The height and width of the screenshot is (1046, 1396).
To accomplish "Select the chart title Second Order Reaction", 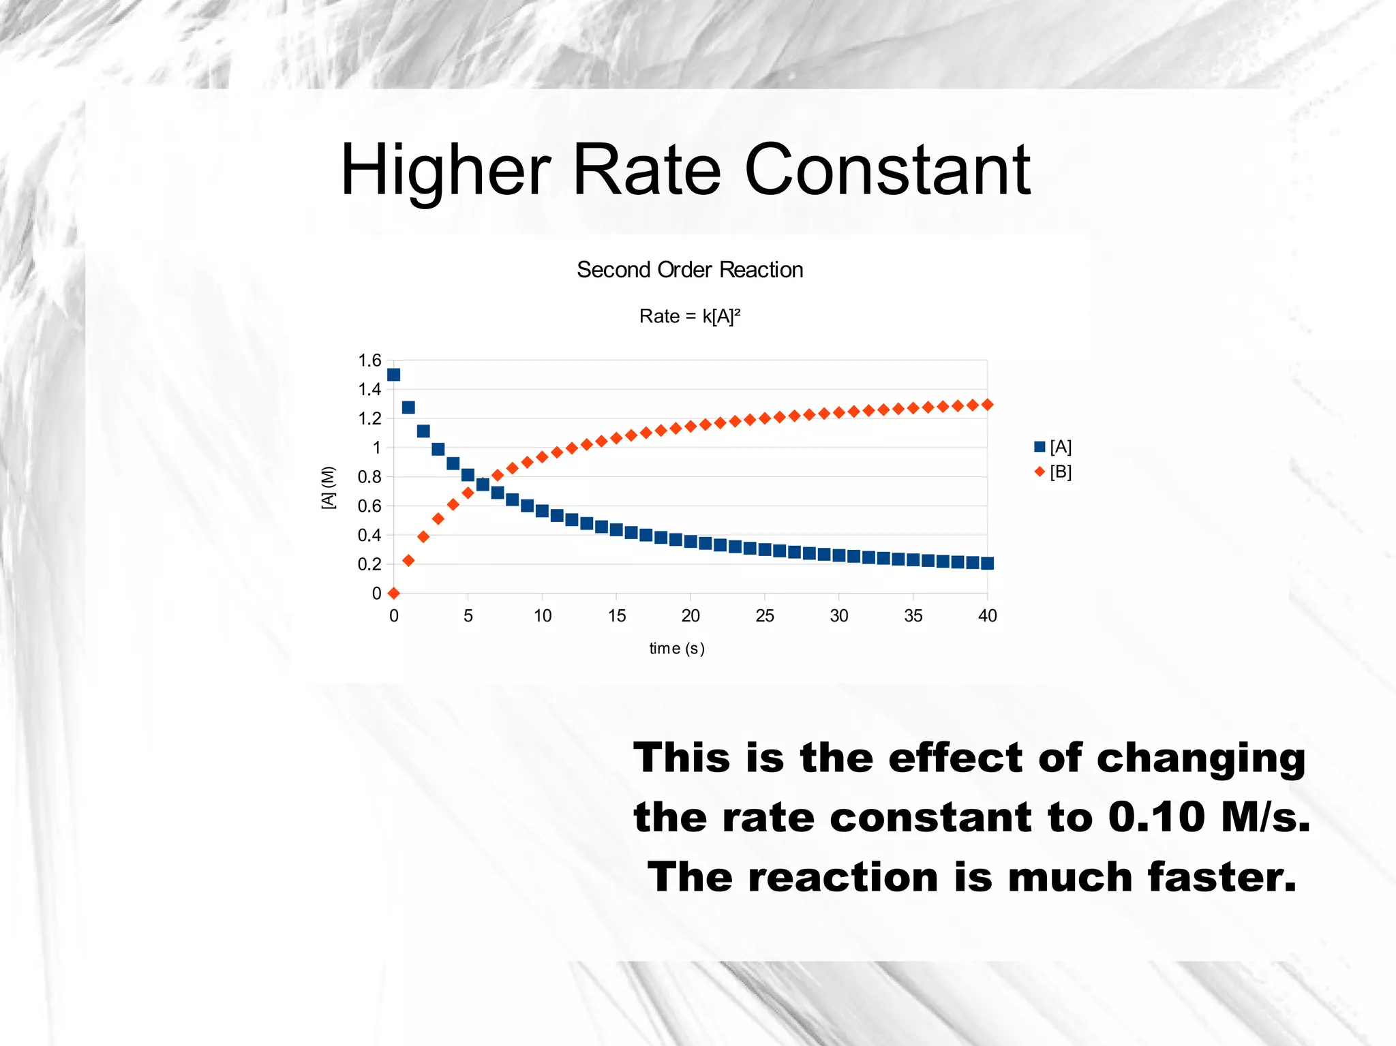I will (x=690, y=270).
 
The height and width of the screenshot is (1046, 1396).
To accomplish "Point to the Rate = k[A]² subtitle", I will (x=690, y=316).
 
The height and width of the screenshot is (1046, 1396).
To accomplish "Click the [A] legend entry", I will (x=1054, y=447).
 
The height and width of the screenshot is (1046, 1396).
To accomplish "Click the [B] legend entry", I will (x=1054, y=472).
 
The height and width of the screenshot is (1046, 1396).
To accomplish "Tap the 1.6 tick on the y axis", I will (x=369, y=360).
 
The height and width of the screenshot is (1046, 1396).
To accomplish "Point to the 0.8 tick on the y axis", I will (x=369, y=477).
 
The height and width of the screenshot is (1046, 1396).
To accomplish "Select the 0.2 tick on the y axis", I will (x=369, y=564).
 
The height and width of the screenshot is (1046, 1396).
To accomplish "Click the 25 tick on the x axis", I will (x=765, y=616).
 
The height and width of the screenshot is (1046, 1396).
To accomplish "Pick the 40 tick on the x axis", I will (x=987, y=616).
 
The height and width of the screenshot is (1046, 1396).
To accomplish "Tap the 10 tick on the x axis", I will (x=543, y=616).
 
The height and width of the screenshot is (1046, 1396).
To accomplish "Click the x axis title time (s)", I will (x=676, y=648).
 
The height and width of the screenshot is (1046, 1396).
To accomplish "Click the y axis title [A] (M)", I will (x=329, y=487).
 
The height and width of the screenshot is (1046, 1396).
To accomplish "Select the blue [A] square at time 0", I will (x=393, y=375).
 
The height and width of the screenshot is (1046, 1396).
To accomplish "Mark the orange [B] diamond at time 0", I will (x=393, y=593).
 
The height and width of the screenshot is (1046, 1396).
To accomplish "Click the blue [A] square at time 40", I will (x=988, y=563).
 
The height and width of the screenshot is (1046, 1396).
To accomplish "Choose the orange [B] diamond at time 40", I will (x=988, y=404).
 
